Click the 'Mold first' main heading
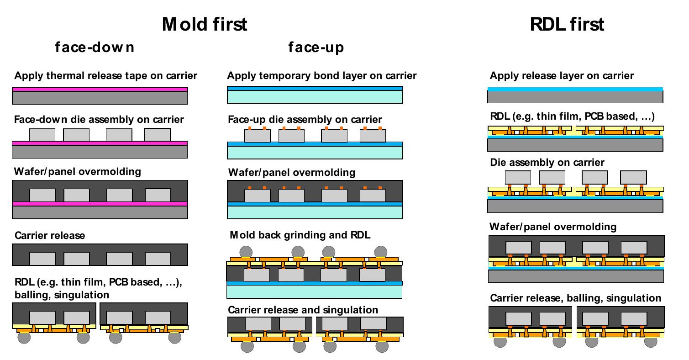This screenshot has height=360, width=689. (204, 24)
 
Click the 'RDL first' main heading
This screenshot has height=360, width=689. (567, 24)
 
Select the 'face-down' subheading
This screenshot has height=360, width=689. (95, 47)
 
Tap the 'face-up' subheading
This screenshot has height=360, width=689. (316, 47)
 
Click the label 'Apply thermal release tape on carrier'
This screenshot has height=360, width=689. (105, 75)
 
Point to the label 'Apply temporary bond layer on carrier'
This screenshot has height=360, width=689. (321, 75)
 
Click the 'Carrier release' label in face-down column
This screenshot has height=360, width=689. (50, 236)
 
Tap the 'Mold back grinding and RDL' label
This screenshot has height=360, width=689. (300, 235)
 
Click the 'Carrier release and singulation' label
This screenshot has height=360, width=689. (303, 310)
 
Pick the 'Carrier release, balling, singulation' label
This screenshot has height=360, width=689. (575, 298)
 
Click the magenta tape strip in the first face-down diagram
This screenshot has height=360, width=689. (100, 89)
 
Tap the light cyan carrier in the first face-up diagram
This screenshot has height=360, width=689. (315, 97)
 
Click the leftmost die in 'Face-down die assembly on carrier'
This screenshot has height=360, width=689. (42, 135)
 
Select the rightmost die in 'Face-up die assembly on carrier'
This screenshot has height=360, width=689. (373, 136)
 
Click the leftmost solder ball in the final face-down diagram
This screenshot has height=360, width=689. (24, 338)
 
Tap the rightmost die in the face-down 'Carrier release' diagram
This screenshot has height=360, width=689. (158, 259)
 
